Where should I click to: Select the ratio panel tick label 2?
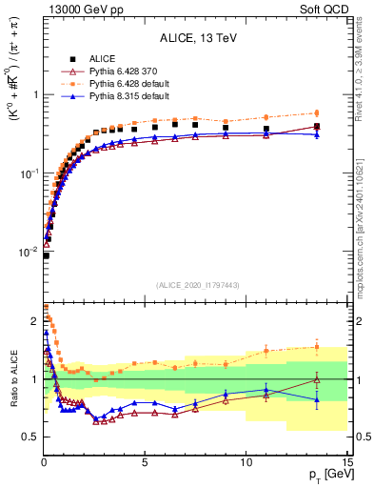pyautogui.click(x=33, y=321)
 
